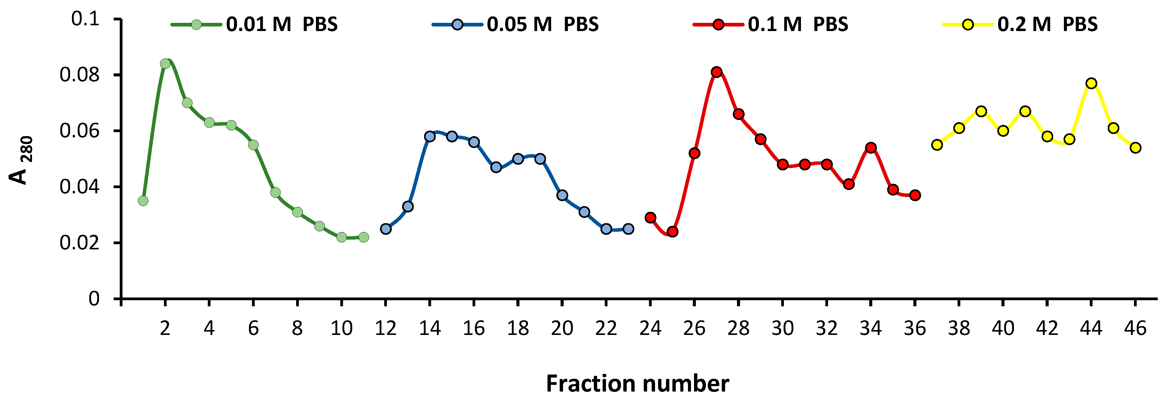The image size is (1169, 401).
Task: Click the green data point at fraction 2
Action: point(165,64)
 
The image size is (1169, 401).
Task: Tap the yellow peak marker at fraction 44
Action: point(1091,83)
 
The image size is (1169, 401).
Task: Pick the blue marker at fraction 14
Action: point(430,136)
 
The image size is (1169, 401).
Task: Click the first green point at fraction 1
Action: point(143,200)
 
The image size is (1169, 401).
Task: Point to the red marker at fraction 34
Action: point(871,147)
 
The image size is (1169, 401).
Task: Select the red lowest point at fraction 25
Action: point(672,231)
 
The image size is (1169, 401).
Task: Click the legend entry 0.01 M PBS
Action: point(282,24)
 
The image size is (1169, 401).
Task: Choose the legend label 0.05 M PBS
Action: point(542,24)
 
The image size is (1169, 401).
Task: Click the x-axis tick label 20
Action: point(562,328)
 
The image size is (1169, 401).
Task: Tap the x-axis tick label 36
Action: point(914,328)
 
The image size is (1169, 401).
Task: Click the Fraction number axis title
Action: point(637,384)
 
